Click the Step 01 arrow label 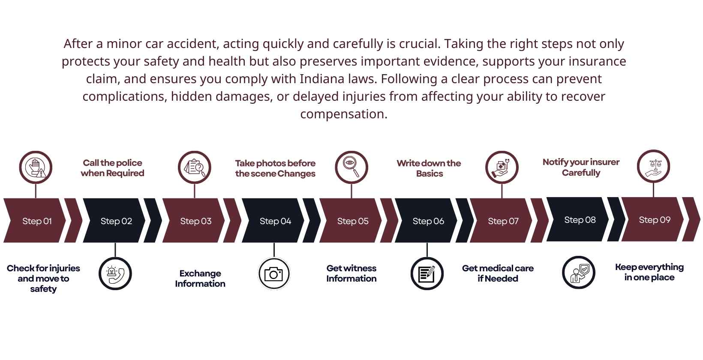(x=37, y=221)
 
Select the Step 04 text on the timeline (x=275, y=221)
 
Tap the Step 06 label (x=428, y=221)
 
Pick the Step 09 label (x=655, y=220)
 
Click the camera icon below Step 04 (x=273, y=274)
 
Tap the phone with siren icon (x=115, y=274)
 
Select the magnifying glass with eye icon (x=351, y=167)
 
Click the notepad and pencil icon (x=427, y=274)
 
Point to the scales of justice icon (x=653, y=166)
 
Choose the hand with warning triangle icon (x=36, y=167)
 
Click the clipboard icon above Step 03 (x=195, y=167)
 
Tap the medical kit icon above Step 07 (x=502, y=167)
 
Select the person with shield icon (x=579, y=273)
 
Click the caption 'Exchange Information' (x=200, y=279)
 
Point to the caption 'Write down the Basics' (x=429, y=168)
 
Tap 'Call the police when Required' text (x=112, y=168)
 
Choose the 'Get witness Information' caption (x=351, y=273)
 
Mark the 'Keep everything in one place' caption (x=649, y=272)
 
